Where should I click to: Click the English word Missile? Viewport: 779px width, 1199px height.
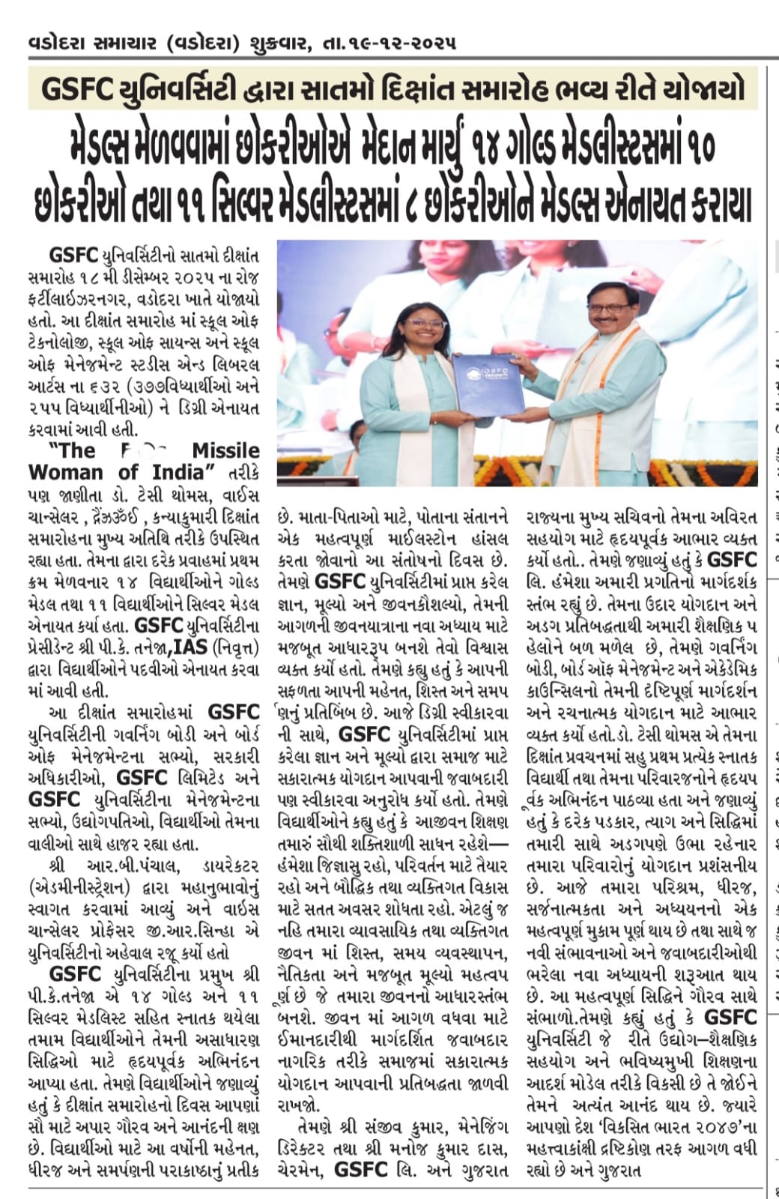click(x=226, y=450)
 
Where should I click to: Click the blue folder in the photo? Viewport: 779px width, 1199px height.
click(x=487, y=383)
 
